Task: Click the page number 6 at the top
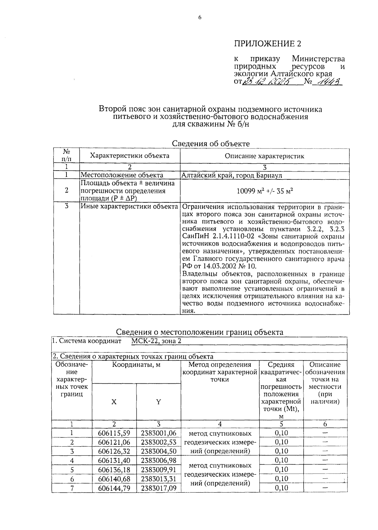[199, 18]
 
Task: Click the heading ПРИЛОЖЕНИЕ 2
[267, 43]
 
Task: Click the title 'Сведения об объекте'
[211, 144]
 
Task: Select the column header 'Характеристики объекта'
[130, 156]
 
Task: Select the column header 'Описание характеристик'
[264, 156]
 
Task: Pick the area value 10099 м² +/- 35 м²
[264, 191]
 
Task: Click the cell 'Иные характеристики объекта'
[129, 207]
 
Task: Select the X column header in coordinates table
[114, 402]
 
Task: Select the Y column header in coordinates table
[158, 402]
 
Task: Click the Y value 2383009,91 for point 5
[158, 470]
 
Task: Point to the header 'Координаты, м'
[136, 365]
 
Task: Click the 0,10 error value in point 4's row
[281, 460]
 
